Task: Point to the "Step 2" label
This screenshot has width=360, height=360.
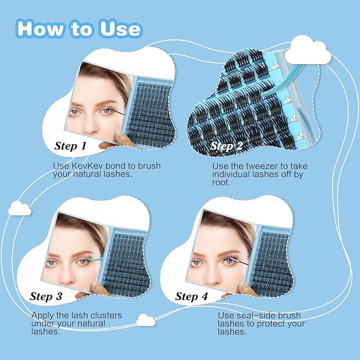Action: [227, 145]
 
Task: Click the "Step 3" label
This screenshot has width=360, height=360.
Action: [49, 296]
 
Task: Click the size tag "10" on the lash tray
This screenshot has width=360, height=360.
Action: [275, 66]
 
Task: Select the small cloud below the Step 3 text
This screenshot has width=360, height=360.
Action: [145, 320]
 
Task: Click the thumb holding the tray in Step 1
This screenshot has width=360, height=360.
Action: [121, 139]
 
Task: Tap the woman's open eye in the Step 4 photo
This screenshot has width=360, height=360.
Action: [197, 261]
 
